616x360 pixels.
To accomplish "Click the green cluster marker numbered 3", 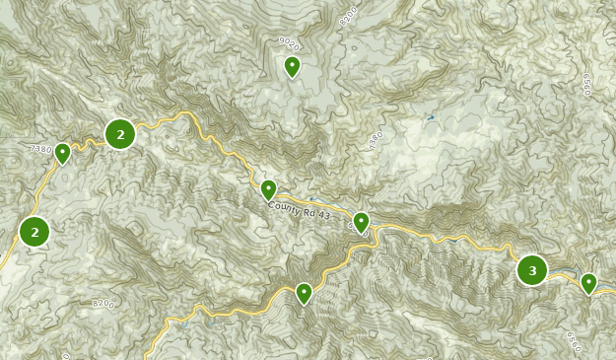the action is [532, 270].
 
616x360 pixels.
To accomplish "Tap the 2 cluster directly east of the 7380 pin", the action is [120, 134].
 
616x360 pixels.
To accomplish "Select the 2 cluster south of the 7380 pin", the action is [34, 232].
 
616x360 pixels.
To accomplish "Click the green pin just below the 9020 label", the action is [292, 66].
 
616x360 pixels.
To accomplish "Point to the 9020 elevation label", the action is [289, 42].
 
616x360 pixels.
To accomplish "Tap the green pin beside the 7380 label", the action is [62, 153].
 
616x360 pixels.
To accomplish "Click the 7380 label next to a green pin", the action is [39, 149].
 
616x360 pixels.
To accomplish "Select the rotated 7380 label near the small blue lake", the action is [375, 141].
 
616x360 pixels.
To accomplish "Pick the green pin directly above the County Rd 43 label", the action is [268, 189].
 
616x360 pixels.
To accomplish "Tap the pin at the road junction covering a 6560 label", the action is [362, 222].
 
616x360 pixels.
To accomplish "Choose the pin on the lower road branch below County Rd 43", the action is [304, 293].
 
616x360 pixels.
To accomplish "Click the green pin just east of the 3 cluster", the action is [588, 283].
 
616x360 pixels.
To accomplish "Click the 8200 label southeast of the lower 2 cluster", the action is [103, 305].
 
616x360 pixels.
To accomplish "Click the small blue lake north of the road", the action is [429, 118].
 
